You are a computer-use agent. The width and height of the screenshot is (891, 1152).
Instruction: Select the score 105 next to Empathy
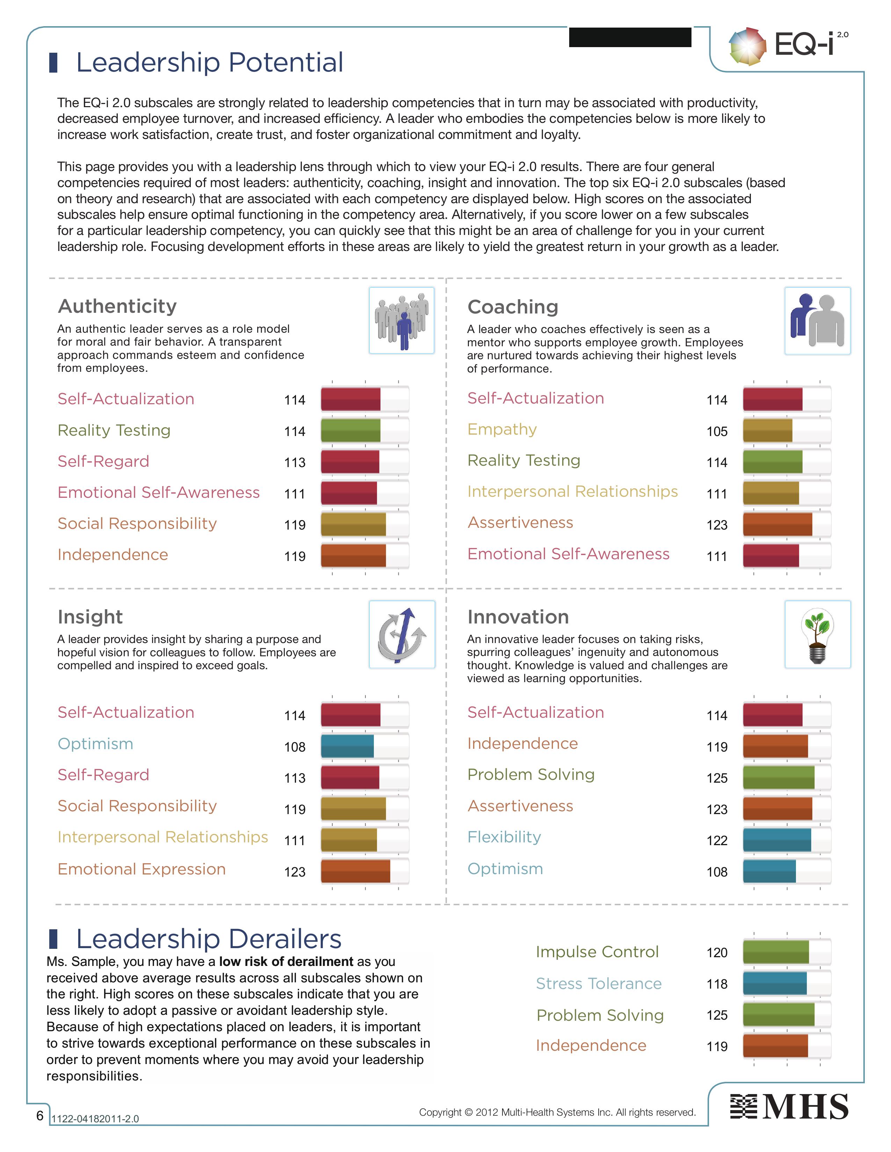coord(717,431)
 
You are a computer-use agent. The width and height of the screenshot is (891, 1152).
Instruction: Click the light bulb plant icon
coord(817,635)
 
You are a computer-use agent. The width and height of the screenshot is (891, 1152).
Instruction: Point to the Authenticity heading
coord(117,306)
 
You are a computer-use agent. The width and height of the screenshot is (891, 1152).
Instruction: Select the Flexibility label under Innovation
coord(504,837)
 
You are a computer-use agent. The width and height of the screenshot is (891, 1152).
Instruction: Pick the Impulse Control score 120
coord(717,953)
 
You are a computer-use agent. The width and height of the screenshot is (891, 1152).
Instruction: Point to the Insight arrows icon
coord(402,635)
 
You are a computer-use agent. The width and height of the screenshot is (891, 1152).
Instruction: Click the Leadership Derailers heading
coord(209,939)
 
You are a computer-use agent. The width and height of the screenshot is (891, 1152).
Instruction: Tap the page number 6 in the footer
coord(39,1115)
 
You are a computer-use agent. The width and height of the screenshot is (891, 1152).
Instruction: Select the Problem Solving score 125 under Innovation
coord(717,778)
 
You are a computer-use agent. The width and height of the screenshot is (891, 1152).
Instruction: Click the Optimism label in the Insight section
coord(95,744)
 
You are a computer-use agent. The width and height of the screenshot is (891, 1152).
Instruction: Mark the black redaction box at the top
coord(630,37)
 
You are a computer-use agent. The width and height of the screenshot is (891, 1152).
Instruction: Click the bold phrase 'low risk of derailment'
coord(286,962)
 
